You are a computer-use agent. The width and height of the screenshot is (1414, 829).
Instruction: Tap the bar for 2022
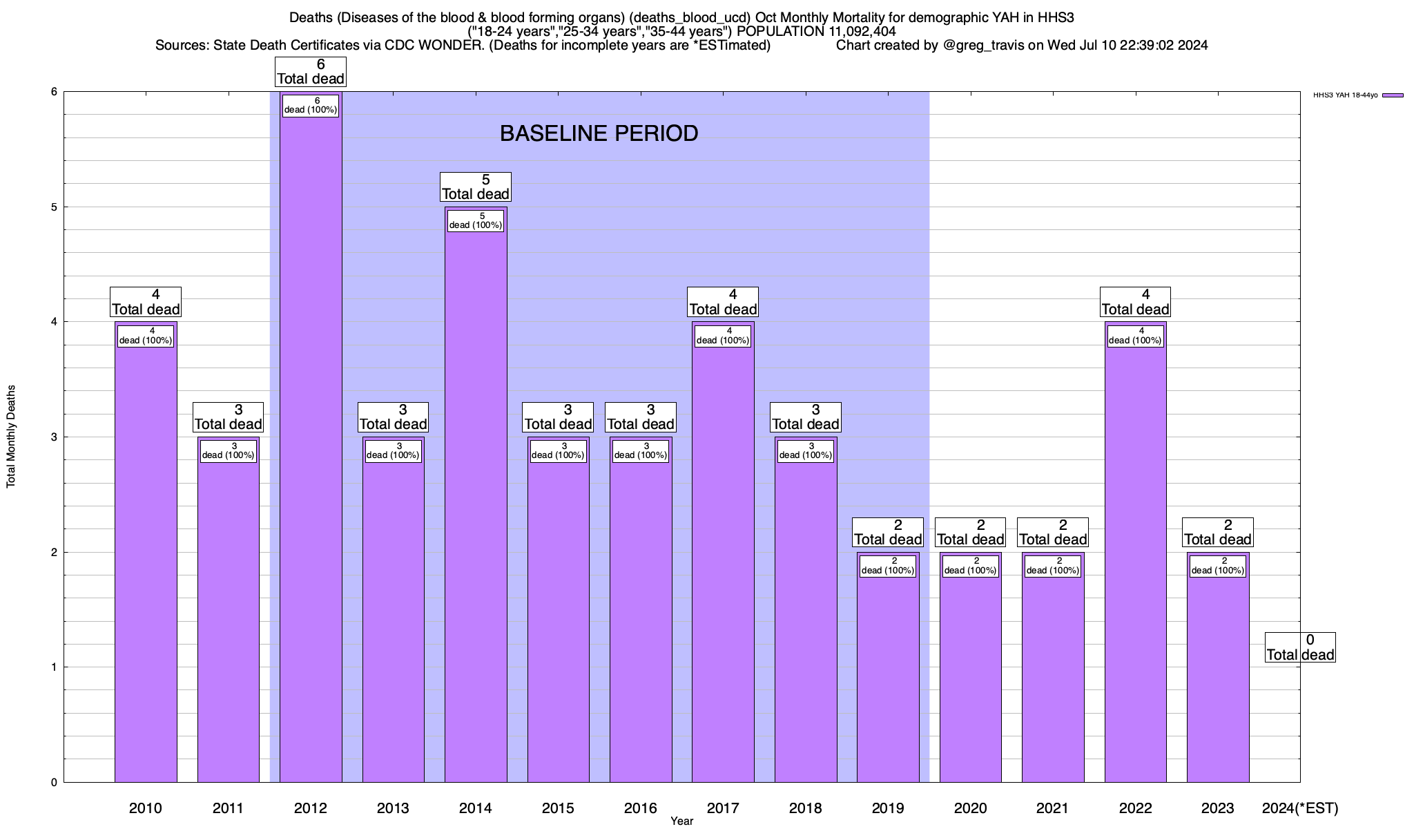(1135, 553)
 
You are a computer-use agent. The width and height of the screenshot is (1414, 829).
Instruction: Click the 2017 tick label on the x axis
(723, 808)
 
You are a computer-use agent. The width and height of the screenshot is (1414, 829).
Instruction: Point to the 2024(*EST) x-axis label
(1299, 808)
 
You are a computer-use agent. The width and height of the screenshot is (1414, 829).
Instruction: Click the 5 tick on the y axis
(53, 207)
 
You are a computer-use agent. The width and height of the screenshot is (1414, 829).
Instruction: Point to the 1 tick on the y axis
(53, 667)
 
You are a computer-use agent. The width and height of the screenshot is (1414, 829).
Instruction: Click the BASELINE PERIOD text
(599, 133)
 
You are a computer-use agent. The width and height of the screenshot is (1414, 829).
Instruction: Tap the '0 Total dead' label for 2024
(1300, 647)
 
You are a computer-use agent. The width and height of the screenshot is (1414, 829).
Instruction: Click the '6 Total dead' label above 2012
(311, 72)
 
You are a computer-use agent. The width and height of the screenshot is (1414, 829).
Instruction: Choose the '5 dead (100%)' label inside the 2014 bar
(476, 220)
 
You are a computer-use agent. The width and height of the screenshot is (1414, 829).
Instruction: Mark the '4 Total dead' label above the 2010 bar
(146, 302)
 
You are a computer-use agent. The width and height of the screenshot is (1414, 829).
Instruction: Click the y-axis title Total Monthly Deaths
(11, 437)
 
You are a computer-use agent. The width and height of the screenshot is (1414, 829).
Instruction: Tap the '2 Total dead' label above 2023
(1218, 533)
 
